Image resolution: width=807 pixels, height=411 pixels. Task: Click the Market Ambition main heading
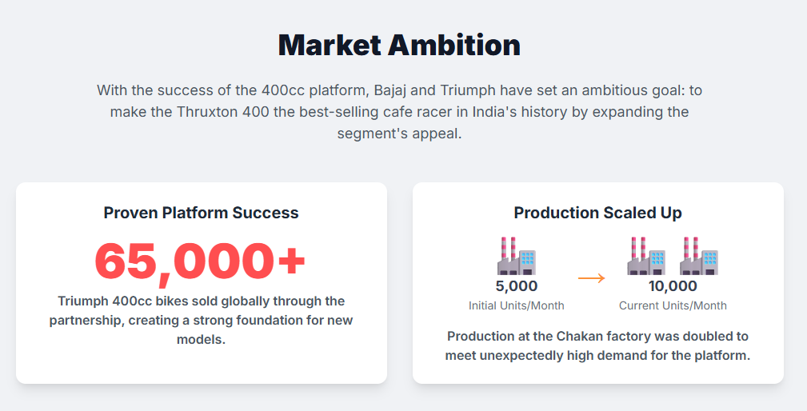point(399,45)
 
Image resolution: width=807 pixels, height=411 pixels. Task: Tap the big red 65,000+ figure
point(200,261)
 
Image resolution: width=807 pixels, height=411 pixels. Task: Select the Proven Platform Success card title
point(202,213)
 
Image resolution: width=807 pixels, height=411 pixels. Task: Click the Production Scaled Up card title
point(598,213)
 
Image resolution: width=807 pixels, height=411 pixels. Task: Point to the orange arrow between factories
point(591,278)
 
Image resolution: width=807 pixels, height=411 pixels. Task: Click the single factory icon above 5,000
point(517,256)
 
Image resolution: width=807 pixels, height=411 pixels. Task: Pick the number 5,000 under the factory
point(517,286)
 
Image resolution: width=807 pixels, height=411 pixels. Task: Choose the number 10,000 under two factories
point(673,286)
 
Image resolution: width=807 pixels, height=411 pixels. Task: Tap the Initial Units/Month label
point(517,305)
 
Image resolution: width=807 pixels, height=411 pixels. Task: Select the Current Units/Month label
point(673,305)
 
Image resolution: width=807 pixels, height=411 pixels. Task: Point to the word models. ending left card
point(202,340)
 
